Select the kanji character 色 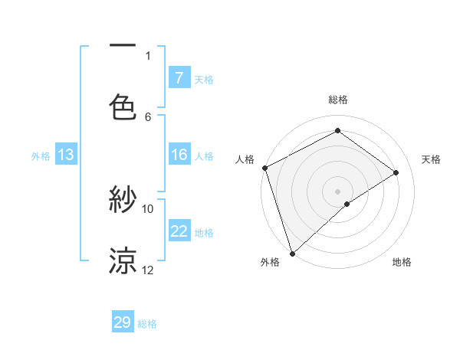click(123, 106)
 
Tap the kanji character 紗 click(123, 201)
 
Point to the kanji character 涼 click(123, 260)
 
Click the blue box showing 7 click(179, 77)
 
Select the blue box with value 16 click(179, 155)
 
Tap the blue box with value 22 click(179, 231)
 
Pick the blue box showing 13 click(65, 155)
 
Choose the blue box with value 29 click(123, 322)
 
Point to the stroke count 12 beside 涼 click(148, 270)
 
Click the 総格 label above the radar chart click(338, 100)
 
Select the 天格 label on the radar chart click(432, 159)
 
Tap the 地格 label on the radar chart click(402, 262)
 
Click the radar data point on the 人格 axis click(264, 168)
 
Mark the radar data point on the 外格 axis click(292, 253)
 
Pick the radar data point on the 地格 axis click(347, 204)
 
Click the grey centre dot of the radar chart click(337, 191)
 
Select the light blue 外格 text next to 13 click(41, 155)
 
